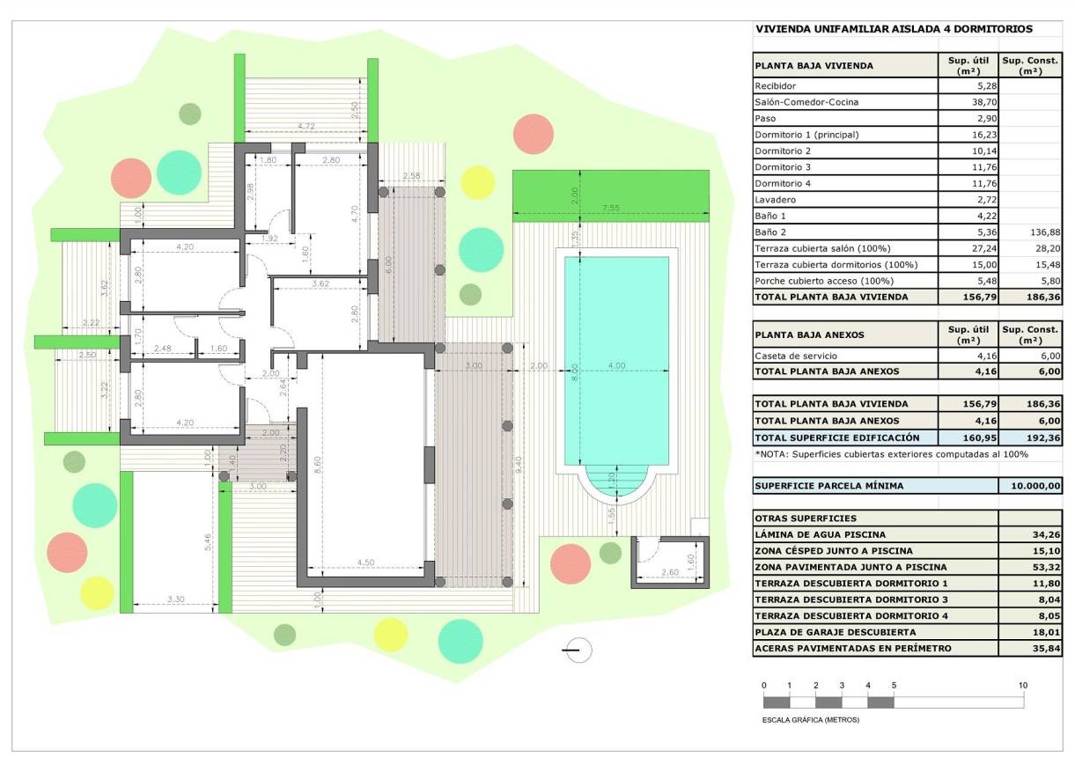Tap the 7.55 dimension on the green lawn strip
pos(610,209)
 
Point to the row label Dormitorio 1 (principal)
pos(806,135)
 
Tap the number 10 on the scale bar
pos(1022,685)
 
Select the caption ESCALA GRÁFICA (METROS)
pos(810,719)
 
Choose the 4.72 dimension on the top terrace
pos(306,127)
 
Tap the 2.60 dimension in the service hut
pos(669,572)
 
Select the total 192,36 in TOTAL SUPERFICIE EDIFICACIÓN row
pos(1030,437)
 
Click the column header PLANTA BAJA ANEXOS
pos(809,335)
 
